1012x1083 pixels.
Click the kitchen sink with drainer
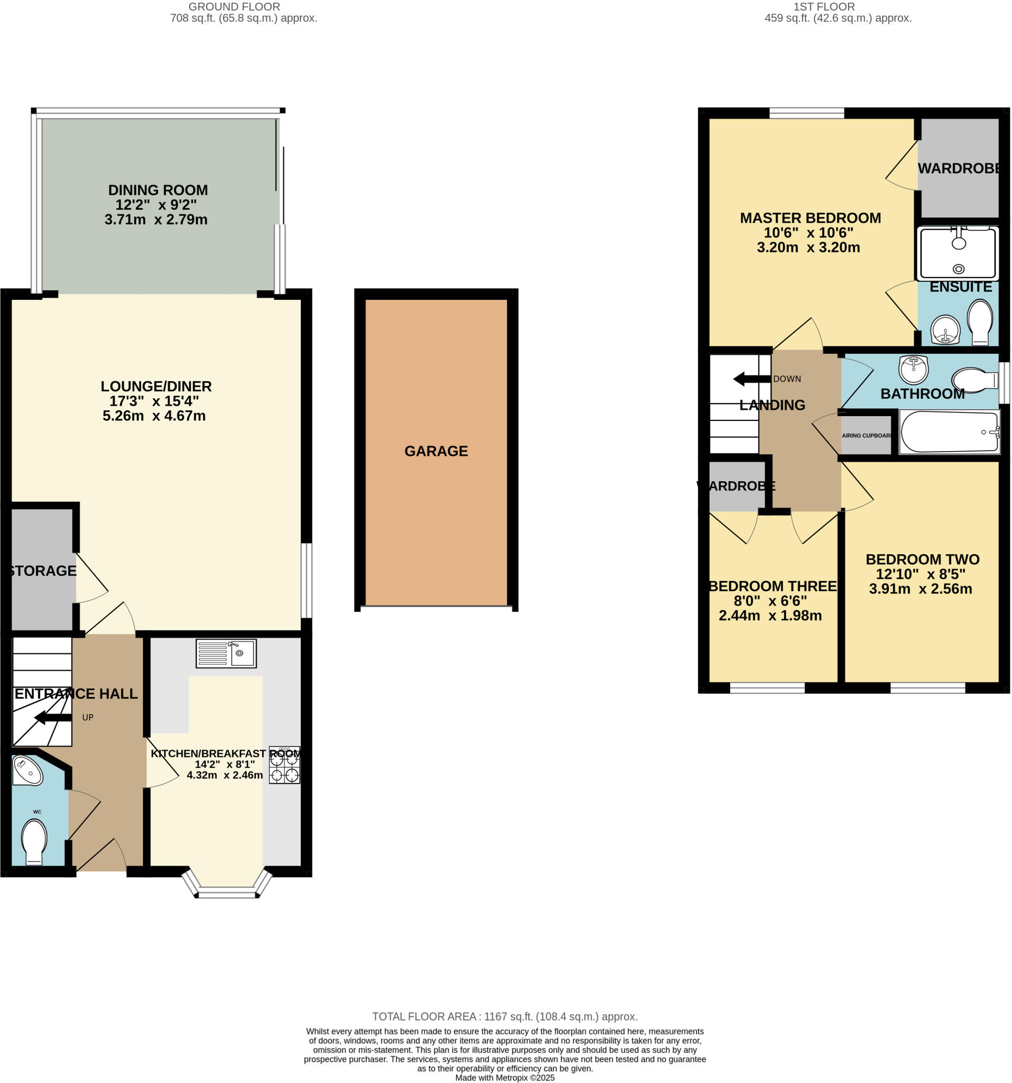pyautogui.click(x=225, y=653)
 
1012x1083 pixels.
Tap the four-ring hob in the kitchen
pyautogui.click(x=284, y=765)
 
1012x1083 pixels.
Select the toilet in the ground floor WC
pyautogui.click(x=34, y=841)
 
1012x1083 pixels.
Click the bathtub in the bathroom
pyautogui.click(x=950, y=432)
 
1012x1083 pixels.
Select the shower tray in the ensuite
pyautogui.click(x=958, y=253)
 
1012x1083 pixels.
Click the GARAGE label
pyautogui.click(x=436, y=451)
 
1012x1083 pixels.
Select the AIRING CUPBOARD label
pyautogui.click(x=866, y=436)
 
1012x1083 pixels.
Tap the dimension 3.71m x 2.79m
pyautogui.click(x=156, y=219)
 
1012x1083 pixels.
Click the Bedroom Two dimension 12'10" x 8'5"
pyautogui.click(x=920, y=574)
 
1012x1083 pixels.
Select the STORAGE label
pyautogui.click(x=42, y=571)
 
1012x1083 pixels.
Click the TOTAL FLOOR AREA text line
pyautogui.click(x=504, y=1016)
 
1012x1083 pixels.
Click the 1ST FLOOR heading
pyautogui.click(x=824, y=7)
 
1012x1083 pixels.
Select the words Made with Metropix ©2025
pyautogui.click(x=504, y=1078)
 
